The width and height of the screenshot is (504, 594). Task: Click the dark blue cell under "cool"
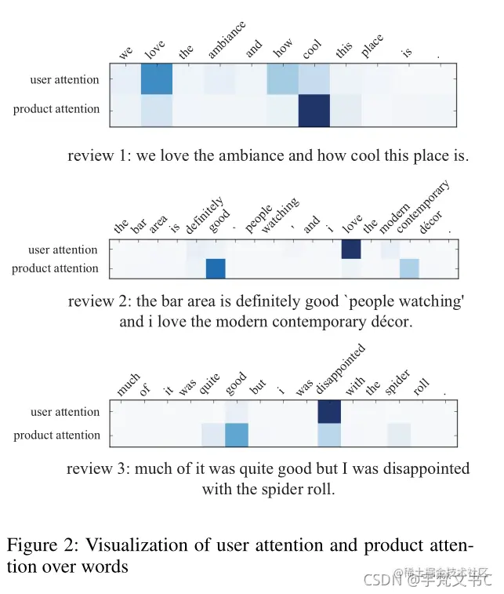[x=314, y=110]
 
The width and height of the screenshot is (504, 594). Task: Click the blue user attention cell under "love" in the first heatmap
[x=157, y=80]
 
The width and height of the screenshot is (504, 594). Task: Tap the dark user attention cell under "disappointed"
[x=329, y=411]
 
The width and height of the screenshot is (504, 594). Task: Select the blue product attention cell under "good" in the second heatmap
[x=216, y=268]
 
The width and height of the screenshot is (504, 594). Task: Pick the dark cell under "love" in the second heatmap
[x=351, y=250]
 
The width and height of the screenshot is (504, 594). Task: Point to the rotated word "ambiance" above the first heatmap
[x=226, y=41]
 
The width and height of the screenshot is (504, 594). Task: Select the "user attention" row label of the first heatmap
[x=65, y=80]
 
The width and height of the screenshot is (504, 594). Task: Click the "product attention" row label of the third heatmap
[x=57, y=435]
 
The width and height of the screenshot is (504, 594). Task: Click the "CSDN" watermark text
[x=379, y=581]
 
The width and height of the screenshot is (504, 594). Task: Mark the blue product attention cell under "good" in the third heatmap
[x=237, y=435]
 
